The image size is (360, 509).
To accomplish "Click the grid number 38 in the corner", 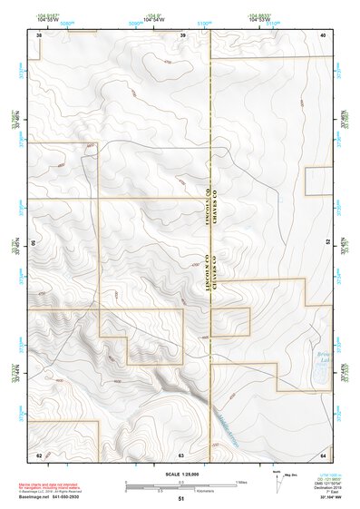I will click(x=39, y=34).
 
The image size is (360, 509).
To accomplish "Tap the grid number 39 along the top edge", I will click(x=182, y=34).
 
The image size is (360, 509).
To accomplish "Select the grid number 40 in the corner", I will click(x=323, y=34).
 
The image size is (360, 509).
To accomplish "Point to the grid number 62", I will click(x=39, y=454).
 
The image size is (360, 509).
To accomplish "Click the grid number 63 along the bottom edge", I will click(x=181, y=454).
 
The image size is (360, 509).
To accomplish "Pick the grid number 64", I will click(x=323, y=454).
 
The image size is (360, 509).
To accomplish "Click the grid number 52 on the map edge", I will click(x=327, y=243).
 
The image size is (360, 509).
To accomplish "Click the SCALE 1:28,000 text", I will click(x=181, y=474).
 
